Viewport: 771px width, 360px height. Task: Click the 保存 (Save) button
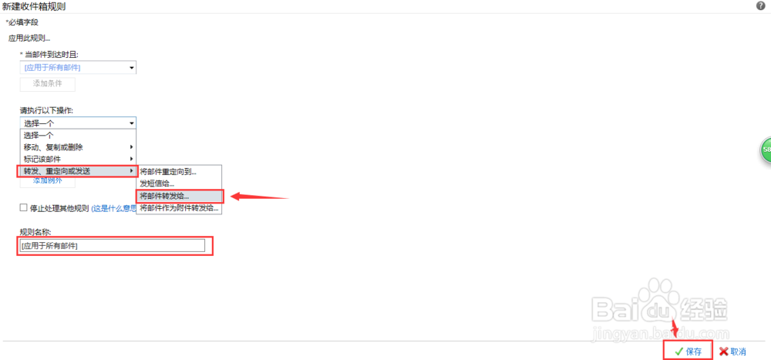point(688,351)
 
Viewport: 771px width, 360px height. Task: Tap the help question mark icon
point(761,6)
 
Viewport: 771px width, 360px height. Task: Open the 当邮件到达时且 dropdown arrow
point(132,68)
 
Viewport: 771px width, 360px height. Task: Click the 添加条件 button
point(48,84)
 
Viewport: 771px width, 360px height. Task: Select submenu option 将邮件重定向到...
point(168,171)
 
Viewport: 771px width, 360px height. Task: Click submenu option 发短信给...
point(157,183)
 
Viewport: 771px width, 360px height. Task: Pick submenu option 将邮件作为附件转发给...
point(179,208)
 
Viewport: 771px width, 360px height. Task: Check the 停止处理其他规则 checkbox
point(24,208)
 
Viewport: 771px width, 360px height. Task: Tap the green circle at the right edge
point(766,149)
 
